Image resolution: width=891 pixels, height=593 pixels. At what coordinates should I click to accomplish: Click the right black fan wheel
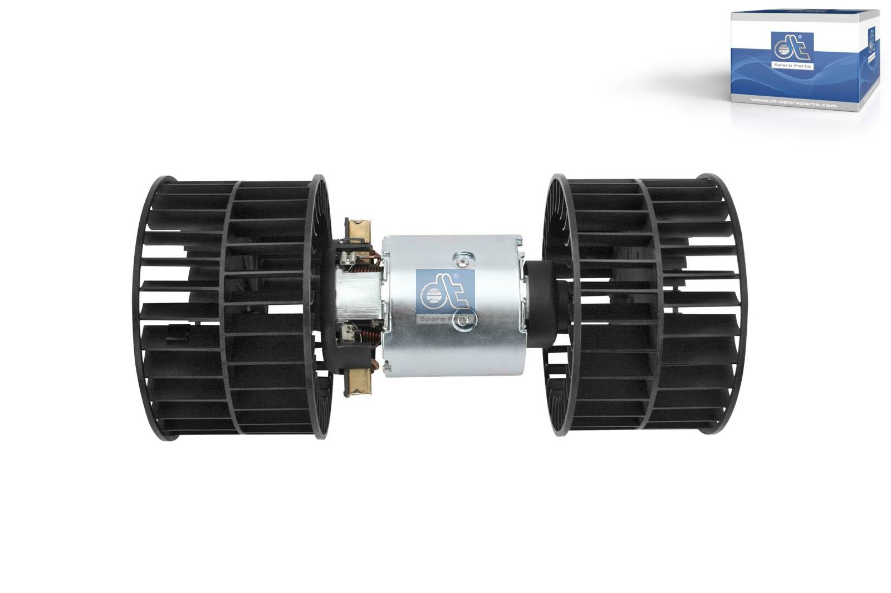click(646, 303)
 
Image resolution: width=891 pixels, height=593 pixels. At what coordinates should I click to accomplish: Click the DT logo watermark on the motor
click(444, 298)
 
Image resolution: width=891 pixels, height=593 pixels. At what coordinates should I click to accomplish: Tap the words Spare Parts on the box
click(794, 66)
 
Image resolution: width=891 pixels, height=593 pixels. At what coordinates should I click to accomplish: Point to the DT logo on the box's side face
click(870, 39)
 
